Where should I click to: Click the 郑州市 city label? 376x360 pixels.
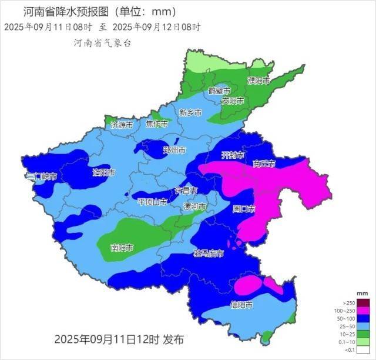click(174, 151)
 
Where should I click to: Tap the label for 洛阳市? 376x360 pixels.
click(104, 173)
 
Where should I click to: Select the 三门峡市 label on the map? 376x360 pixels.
click(42, 176)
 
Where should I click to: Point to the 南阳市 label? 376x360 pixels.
click(122, 248)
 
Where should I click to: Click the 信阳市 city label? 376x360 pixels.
click(241, 305)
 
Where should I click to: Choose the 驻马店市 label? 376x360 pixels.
click(209, 254)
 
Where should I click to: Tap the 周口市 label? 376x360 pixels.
click(244, 208)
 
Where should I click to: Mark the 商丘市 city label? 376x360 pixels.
click(264, 164)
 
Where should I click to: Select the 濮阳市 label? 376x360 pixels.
click(258, 81)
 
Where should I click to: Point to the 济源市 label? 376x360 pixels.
click(122, 125)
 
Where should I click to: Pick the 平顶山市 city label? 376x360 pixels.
click(152, 202)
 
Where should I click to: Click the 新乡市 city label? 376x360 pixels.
click(190, 112)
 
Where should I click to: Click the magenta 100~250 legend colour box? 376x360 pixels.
click(356, 309)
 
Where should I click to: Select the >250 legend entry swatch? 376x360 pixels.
click(356, 302)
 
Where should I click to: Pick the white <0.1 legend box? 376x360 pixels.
click(356, 349)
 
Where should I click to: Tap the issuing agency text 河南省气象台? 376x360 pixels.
click(102, 43)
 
